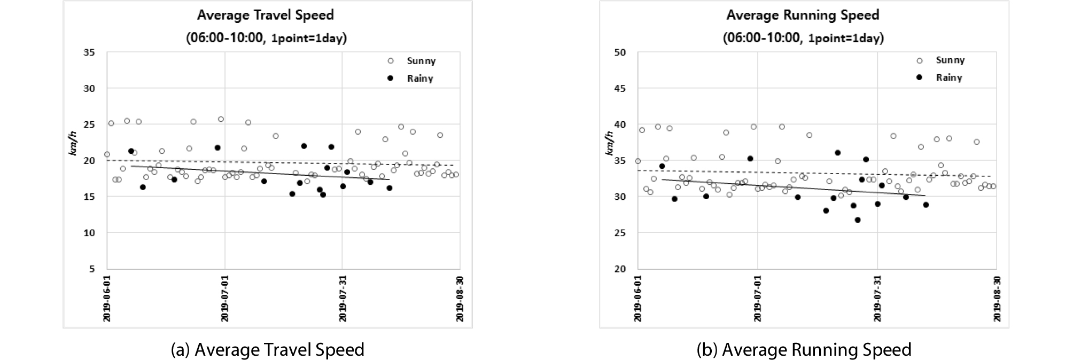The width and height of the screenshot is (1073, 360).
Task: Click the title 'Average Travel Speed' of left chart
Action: (266, 15)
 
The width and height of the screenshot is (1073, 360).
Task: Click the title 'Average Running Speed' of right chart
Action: (803, 15)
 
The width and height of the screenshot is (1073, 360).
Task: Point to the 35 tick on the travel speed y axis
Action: (89, 52)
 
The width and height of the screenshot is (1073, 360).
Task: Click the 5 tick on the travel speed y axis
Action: (92, 269)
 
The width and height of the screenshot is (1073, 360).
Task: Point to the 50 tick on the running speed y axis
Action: (620, 52)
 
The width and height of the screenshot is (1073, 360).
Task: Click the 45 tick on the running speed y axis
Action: (620, 88)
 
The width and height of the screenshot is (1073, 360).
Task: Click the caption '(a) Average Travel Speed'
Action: (267, 349)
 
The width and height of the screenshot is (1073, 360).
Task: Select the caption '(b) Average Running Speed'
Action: (804, 349)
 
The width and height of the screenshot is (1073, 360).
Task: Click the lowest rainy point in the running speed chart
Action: (858, 220)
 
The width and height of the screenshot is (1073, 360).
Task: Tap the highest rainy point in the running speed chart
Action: (837, 153)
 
